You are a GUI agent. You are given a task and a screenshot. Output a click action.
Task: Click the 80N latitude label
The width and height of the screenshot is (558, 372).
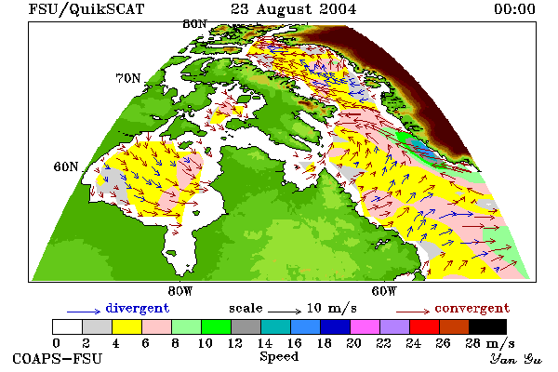coord(194,24)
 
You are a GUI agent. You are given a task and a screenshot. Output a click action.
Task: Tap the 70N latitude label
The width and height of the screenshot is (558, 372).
coord(128,78)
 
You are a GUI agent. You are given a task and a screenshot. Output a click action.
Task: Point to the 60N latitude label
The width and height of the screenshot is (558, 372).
coord(66,166)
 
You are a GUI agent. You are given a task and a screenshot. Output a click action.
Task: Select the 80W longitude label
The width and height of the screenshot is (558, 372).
coord(180,291)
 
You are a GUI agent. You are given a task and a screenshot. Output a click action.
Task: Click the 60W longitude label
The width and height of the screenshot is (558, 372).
coord(384,291)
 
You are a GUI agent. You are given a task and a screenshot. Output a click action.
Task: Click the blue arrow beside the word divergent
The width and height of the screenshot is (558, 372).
coord(84,312)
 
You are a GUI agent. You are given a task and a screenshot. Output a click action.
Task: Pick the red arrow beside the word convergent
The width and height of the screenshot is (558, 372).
coord(413,312)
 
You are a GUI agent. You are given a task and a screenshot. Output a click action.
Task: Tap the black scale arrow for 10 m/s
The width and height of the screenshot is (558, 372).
coord(285,312)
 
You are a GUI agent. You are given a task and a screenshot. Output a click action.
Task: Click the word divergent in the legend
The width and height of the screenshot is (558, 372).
coord(138,309)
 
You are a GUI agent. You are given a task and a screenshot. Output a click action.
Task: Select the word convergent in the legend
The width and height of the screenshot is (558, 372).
coord(472,308)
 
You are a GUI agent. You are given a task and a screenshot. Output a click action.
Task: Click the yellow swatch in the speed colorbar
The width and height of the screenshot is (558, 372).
coord(127,326)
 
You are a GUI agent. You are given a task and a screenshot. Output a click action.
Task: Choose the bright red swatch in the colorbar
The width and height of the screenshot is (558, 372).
coord(425,326)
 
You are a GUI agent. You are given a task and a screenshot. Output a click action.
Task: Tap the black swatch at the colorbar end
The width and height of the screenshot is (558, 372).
coord(487,326)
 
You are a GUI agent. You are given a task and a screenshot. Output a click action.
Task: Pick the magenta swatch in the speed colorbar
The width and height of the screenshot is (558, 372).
coord(365,326)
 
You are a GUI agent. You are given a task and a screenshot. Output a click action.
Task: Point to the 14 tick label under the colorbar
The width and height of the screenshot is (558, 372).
coord(264,343)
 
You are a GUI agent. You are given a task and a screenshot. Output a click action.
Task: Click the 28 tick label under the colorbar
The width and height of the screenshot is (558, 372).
coord(472,343)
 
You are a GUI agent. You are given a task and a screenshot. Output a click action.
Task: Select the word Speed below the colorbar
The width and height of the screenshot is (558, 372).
coord(279,357)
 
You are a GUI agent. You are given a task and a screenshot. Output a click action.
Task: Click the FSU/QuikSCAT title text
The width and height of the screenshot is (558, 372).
coord(86,9)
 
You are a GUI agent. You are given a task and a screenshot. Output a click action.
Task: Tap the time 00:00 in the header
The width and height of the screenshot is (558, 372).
coord(514,9)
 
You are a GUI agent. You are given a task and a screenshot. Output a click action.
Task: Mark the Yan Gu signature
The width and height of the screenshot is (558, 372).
coord(516,359)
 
